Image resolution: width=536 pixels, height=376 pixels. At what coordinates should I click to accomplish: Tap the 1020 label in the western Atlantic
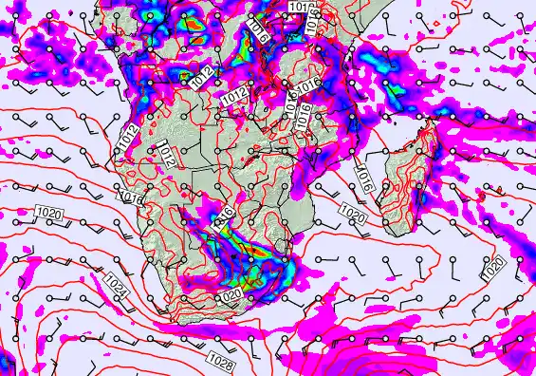[x=48, y=211]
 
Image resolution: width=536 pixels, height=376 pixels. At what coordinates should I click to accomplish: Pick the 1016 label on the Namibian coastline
[x=132, y=197]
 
